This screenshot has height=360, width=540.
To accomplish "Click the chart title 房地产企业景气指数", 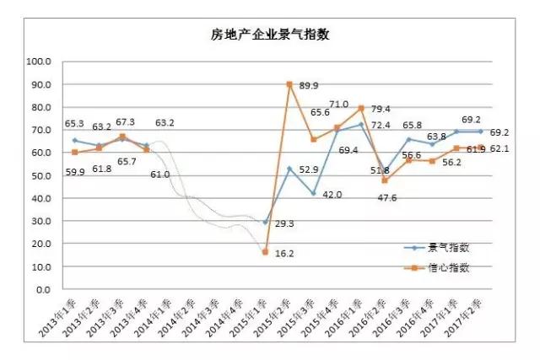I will click(x=269, y=35).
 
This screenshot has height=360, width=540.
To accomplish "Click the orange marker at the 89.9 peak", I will click(x=289, y=84).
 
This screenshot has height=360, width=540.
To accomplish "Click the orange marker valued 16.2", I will click(x=266, y=252).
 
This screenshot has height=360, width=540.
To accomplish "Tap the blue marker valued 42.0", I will click(x=313, y=194).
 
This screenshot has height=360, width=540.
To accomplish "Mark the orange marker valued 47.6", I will click(x=385, y=181).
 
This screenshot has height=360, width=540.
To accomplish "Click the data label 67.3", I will click(x=124, y=122).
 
